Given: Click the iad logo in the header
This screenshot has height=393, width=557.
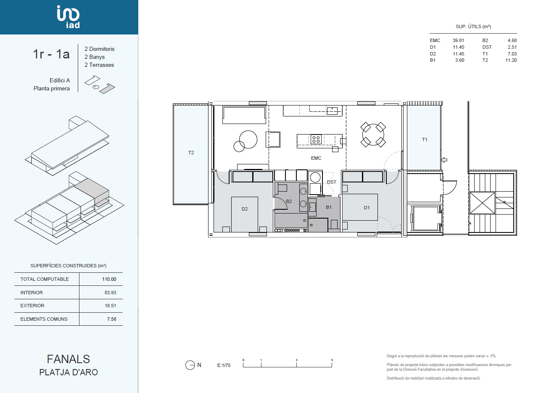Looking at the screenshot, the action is [69, 17].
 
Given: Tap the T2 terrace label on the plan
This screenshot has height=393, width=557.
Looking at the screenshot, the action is [191, 153].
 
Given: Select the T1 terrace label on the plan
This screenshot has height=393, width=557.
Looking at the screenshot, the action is [425, 140].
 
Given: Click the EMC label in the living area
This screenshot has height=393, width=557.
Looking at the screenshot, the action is [316, 158].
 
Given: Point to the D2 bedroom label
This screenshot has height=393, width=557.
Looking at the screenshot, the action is [245, 209].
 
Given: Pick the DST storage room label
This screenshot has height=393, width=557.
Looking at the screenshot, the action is [331, 182].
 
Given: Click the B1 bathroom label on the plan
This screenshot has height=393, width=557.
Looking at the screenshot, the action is [328, 207].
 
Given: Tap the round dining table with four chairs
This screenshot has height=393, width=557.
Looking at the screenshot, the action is [373, 135].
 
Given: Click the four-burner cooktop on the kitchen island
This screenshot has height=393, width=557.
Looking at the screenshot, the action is [316, 139].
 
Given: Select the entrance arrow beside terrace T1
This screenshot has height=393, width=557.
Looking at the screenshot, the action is [444, 160].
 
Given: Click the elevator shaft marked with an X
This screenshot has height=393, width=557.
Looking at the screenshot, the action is [482, 203].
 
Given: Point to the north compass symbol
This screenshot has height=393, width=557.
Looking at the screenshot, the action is [190, 365].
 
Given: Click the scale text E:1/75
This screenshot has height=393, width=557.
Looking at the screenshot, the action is [224, 365].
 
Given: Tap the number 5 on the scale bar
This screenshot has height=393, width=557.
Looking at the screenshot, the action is [332, 360].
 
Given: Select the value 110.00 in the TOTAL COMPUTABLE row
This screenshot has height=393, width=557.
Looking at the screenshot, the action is [109, 279].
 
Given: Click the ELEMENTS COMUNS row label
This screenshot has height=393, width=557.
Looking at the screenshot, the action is [44, 319].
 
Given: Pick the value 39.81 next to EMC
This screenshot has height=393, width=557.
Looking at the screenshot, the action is [458, 40].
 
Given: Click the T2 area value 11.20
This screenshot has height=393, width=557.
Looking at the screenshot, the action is [511, 61].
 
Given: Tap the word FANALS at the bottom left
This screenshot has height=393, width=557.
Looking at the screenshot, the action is [69, 359].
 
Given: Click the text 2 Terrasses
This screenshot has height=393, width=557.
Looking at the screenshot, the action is [99, 65].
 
